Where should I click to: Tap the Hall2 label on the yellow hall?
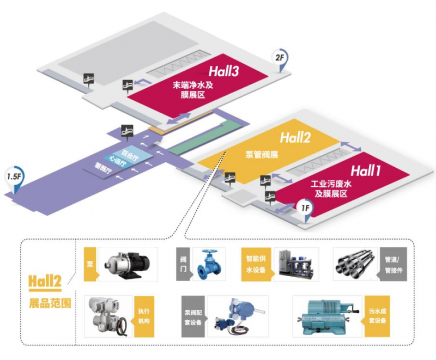[x=295, y=137]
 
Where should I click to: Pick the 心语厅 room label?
[x=117, y=161]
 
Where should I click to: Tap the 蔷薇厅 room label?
[x=103, y=170]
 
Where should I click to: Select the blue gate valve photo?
[x=209, y=264]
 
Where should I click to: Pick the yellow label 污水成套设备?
[x=376, y=315]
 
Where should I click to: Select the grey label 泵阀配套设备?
[x=195, y=315]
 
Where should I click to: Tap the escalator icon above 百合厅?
[x=126, y=131]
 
